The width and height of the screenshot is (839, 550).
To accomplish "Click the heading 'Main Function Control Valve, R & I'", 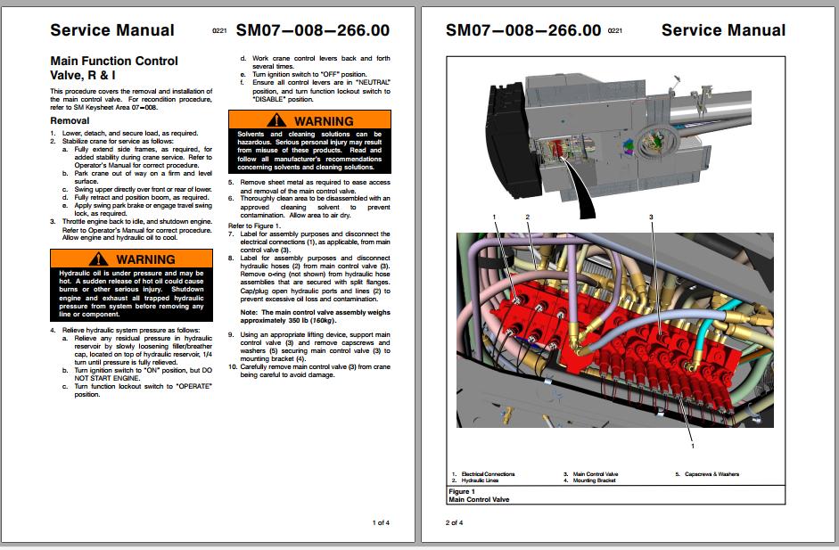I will coord(113,68).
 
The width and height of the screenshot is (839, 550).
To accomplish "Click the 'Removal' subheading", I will coord(70,120).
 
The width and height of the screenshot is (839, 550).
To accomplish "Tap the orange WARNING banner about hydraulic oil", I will coord(131,259).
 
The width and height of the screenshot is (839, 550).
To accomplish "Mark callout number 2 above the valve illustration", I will coord(527,217).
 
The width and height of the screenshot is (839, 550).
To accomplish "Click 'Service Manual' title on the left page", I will coord(112,30).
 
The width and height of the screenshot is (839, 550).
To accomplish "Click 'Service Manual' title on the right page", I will coord(723,30).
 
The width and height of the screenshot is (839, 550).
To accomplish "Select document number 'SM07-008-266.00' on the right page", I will coord(522,30).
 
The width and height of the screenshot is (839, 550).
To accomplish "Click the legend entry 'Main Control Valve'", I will coord(596,474).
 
